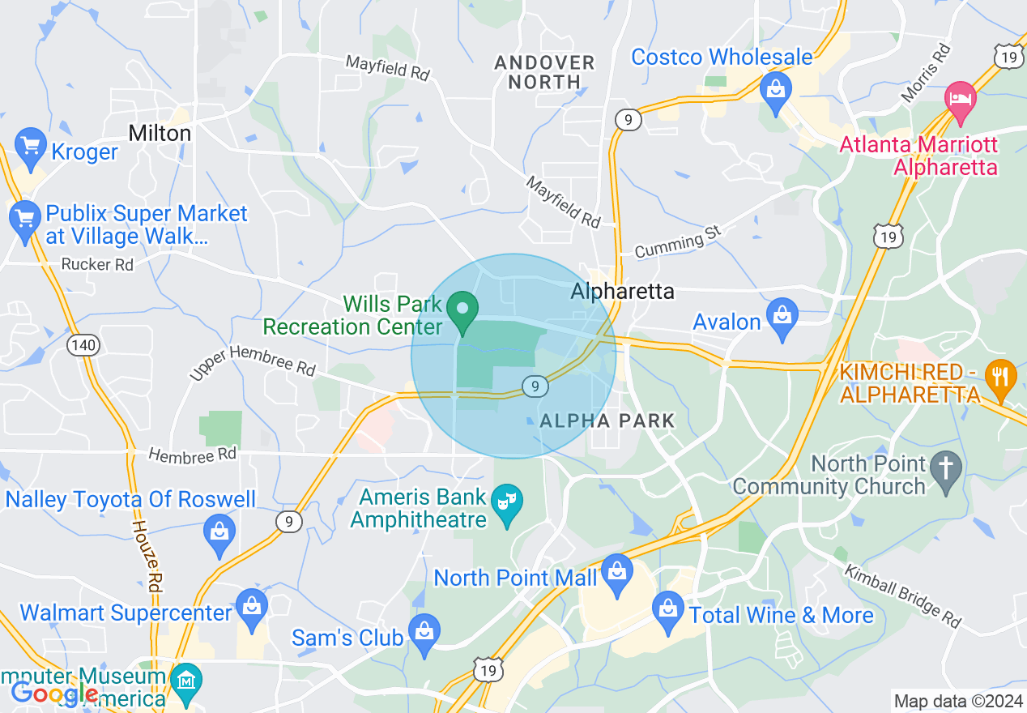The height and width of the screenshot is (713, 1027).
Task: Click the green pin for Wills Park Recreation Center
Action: coord(463,312)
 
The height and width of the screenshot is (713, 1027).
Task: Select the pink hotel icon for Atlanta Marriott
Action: coord(961,100)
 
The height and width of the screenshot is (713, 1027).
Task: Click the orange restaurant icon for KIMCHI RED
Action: coord(1001,378)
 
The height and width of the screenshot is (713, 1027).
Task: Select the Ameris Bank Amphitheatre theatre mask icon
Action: coord(508,504)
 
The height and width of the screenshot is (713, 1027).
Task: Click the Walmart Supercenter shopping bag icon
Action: coord(252,608)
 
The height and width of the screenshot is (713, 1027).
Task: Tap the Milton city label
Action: coord(160,133)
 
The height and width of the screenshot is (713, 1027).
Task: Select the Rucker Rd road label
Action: coord(98,265)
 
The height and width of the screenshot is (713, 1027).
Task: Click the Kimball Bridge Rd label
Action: coord(903,596)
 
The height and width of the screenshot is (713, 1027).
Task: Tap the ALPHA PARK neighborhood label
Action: coord(607,421)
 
